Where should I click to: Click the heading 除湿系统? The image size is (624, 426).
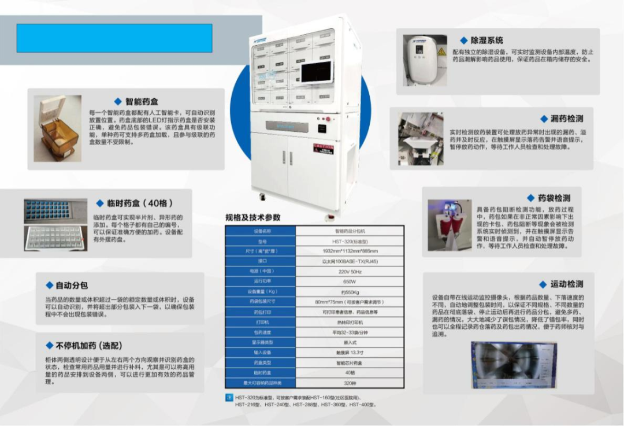point(486,40)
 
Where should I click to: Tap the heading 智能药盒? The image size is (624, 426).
point(141,101)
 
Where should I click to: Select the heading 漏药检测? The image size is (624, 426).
point(566,118)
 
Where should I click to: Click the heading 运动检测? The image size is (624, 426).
point(566,284)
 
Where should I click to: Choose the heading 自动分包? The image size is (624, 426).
point(72,286)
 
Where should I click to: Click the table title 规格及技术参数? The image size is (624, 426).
point(252,217)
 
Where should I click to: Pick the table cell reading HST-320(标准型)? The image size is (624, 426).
point(350,241)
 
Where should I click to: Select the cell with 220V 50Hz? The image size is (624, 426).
point(350,271)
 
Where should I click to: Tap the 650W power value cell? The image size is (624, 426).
point(350,281)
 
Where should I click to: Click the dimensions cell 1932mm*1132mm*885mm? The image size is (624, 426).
point(350,251)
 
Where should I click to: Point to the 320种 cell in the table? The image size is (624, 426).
point(350,383)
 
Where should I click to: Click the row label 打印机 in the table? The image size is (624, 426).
point(261,322)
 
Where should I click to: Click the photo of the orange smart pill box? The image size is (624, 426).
point(57,128)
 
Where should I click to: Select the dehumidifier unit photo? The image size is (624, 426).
point(425,60)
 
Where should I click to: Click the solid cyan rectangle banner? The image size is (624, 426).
point(114,38)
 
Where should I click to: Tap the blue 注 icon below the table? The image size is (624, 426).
point(229,398)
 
